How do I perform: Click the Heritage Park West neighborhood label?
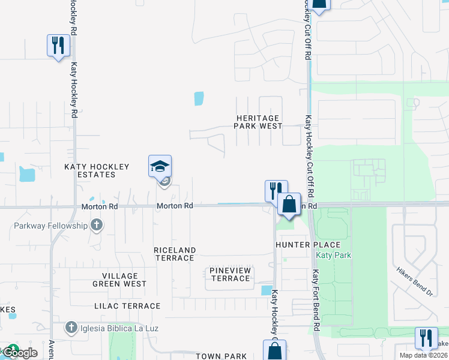click(258, 122)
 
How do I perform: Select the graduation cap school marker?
click(160, 166)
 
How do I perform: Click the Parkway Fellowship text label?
click(50, 226)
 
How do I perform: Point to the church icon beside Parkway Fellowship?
click(96, 226)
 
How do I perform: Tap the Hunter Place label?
click(308, 245)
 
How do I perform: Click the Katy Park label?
click(333, 255)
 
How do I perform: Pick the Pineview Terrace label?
click(230, 274)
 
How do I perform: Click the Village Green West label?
click(119, 280)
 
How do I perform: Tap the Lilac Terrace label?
click(127, 306)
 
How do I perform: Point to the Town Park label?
click(217, 356)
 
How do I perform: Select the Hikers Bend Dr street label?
click(414, 281)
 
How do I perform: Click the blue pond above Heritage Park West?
click(199, 98)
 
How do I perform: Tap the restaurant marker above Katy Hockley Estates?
click(58, 46)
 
